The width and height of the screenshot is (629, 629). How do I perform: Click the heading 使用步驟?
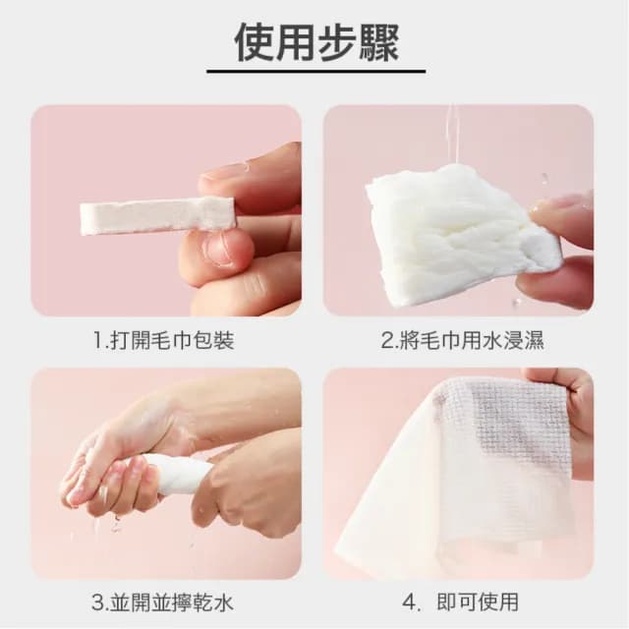[316, 41]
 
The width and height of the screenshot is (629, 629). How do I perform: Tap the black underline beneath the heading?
[316, 72]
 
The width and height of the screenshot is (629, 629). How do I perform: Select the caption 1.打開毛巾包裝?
[164, 341]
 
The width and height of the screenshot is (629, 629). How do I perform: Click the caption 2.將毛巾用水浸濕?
[463, 341]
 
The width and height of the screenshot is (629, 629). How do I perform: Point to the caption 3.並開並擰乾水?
[162, 602]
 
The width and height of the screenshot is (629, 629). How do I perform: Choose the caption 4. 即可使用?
[461, 601]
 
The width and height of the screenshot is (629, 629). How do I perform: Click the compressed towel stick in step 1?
[157, 216]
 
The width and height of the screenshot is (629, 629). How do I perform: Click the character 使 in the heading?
[254, 42]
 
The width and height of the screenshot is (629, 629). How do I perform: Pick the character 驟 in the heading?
[379, 42]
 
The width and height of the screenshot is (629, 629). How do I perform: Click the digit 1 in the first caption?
[97, 341]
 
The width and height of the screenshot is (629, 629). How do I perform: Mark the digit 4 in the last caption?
[409, 602]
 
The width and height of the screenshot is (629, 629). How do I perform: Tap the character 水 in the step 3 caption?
[223, 602]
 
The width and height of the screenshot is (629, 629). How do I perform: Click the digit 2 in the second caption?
[386, 341]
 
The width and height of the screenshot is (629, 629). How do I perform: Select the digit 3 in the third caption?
[97, 602]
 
